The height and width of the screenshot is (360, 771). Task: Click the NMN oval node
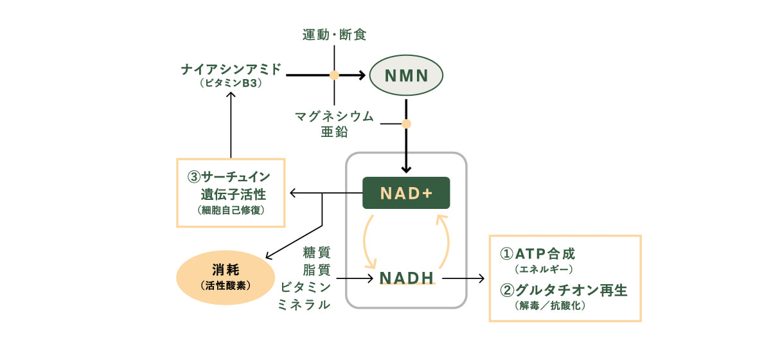pos(406,75)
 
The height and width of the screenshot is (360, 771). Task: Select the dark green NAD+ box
pos(406,193)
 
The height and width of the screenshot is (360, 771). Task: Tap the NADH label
pos(407,278)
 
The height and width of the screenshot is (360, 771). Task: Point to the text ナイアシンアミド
pos(231,69)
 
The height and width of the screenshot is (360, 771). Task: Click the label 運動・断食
pos(334,35)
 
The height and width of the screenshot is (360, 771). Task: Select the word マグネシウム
pos(334,116)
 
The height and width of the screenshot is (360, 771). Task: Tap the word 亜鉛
pos(334,133)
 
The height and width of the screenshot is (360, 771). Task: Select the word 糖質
pos(317,251)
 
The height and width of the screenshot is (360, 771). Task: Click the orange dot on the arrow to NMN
pos(334,75)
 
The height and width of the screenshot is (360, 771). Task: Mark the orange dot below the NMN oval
pos(406,123)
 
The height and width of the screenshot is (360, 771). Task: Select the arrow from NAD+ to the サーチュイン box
pos(321,193)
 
